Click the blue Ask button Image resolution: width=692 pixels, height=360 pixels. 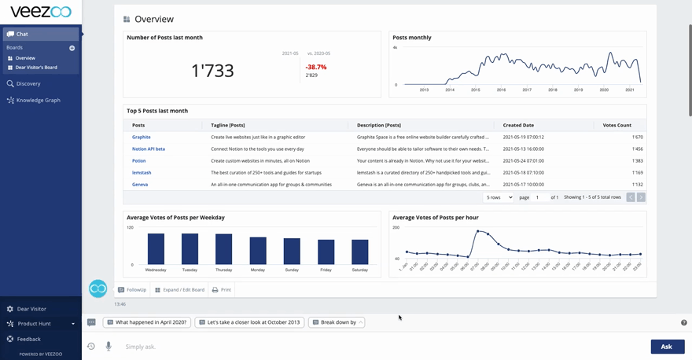[x=666, y=347]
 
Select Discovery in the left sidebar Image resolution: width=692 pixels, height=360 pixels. [x=28, y=83]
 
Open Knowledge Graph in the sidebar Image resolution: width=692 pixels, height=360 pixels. [x=38, y=100]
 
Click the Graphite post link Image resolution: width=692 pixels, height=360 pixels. [x=142, y=137]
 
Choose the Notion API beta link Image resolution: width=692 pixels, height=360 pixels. [x=149, y=149]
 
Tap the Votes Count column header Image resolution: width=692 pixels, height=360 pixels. [x=617, y=125]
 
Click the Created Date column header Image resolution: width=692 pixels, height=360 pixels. [x=518, y=125]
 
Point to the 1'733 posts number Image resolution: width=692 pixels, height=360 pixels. [x=212, y=71]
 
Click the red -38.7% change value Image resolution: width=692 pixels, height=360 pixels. [x=316, y=68]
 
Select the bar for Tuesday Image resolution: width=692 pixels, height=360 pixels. [x=190, y=248]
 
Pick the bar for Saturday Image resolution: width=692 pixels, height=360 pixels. [x=360, y=252]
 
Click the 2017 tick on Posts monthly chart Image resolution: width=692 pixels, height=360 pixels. [x=527, y=90]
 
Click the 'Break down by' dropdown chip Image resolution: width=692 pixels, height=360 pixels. [x=337, y=322]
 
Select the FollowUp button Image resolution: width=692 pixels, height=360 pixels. [x=132, y=290]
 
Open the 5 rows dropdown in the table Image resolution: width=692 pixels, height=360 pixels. [x=499, y=197]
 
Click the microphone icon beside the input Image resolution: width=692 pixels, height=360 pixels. [x=109, y=347]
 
